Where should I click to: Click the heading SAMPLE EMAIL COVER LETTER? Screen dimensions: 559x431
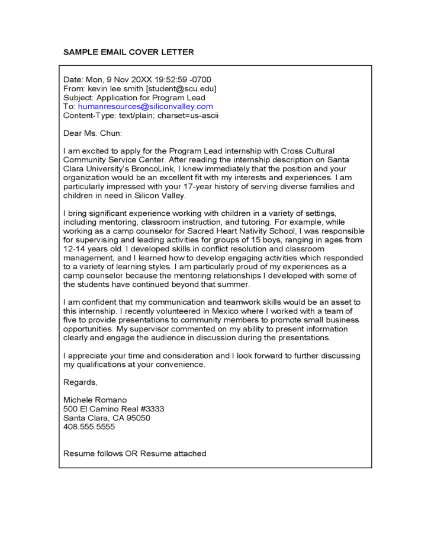[x=128, y=52]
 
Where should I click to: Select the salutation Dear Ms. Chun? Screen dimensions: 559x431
[x=92, y=133]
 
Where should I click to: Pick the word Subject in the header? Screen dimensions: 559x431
[x=77, y=97]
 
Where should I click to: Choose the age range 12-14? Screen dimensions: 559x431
[x=75, y=249]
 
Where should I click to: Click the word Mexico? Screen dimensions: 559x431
[x=209, y=311]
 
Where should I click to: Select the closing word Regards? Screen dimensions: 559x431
[x=80, y=382]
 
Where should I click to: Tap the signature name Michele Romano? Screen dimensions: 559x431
[x=95, y=400]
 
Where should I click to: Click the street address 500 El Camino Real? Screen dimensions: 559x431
[x=101, y=409]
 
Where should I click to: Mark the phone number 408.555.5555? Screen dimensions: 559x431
[x=89, y=427]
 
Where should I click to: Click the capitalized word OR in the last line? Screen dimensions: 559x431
[x=131, y=453]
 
